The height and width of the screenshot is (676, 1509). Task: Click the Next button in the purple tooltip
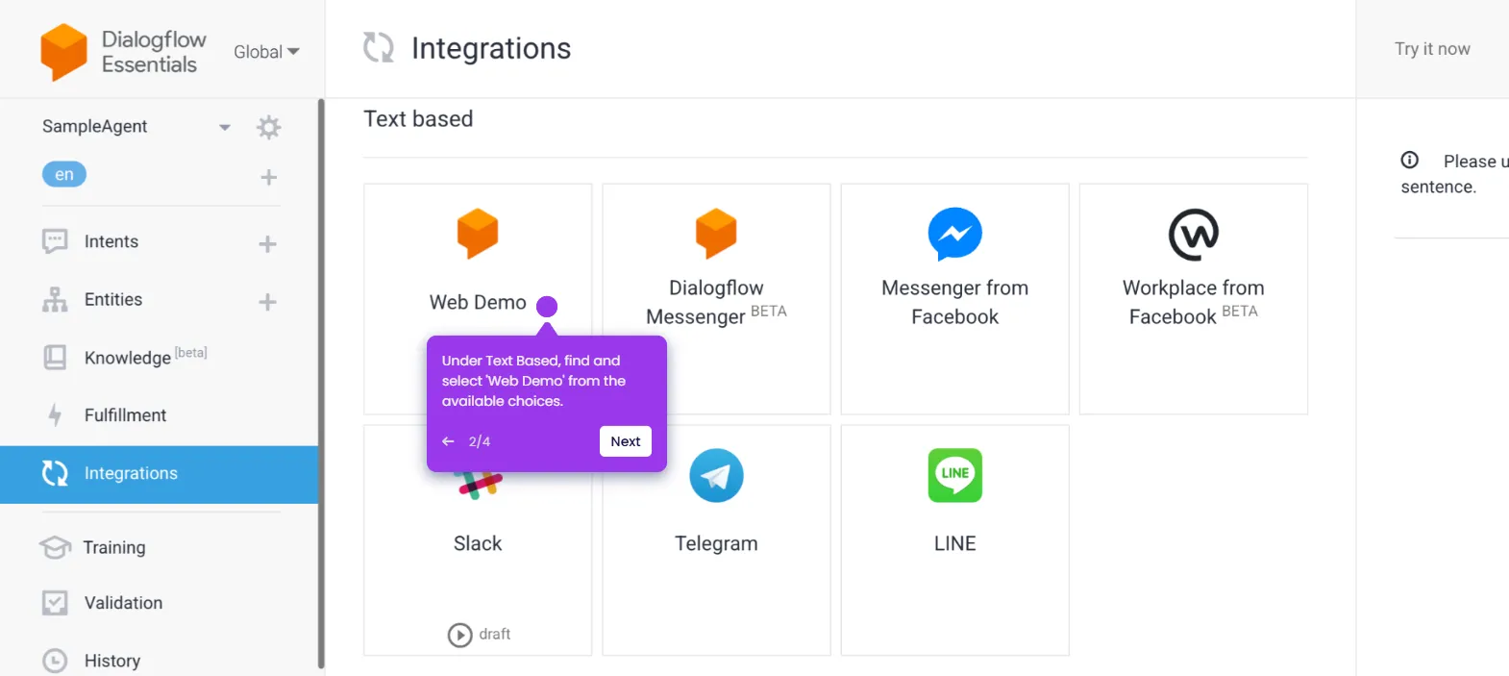625,441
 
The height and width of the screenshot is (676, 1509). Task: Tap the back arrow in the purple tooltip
448,441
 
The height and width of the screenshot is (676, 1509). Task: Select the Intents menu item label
111,241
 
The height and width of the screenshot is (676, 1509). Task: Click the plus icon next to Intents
268,244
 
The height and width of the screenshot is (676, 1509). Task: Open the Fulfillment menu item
125,415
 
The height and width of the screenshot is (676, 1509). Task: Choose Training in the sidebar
114,547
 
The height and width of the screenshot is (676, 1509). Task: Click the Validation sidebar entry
123,603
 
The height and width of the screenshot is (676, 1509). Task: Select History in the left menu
112,661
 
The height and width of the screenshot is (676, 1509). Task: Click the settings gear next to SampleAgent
269,127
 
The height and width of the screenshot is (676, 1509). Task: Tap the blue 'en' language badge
64,174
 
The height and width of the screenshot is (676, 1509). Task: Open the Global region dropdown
266,52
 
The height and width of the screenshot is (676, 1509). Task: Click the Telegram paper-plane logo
716,475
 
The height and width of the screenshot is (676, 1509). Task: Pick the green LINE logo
954,475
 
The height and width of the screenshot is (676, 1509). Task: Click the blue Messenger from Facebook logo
954,234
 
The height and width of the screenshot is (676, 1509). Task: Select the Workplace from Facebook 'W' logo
1193,234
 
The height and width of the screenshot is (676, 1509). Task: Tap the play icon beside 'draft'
460,635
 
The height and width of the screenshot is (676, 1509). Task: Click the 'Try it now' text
1432,49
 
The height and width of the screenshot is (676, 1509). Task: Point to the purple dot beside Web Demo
547,306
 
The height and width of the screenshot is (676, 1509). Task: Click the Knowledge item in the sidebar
128,358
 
